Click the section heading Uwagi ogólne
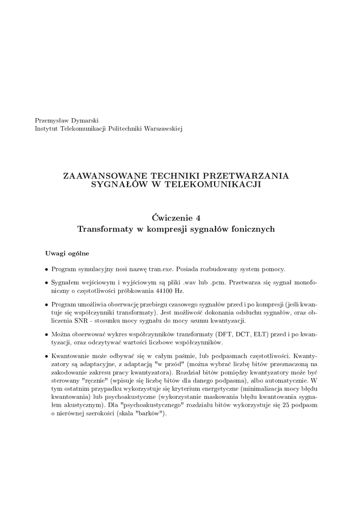coord(67,254)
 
